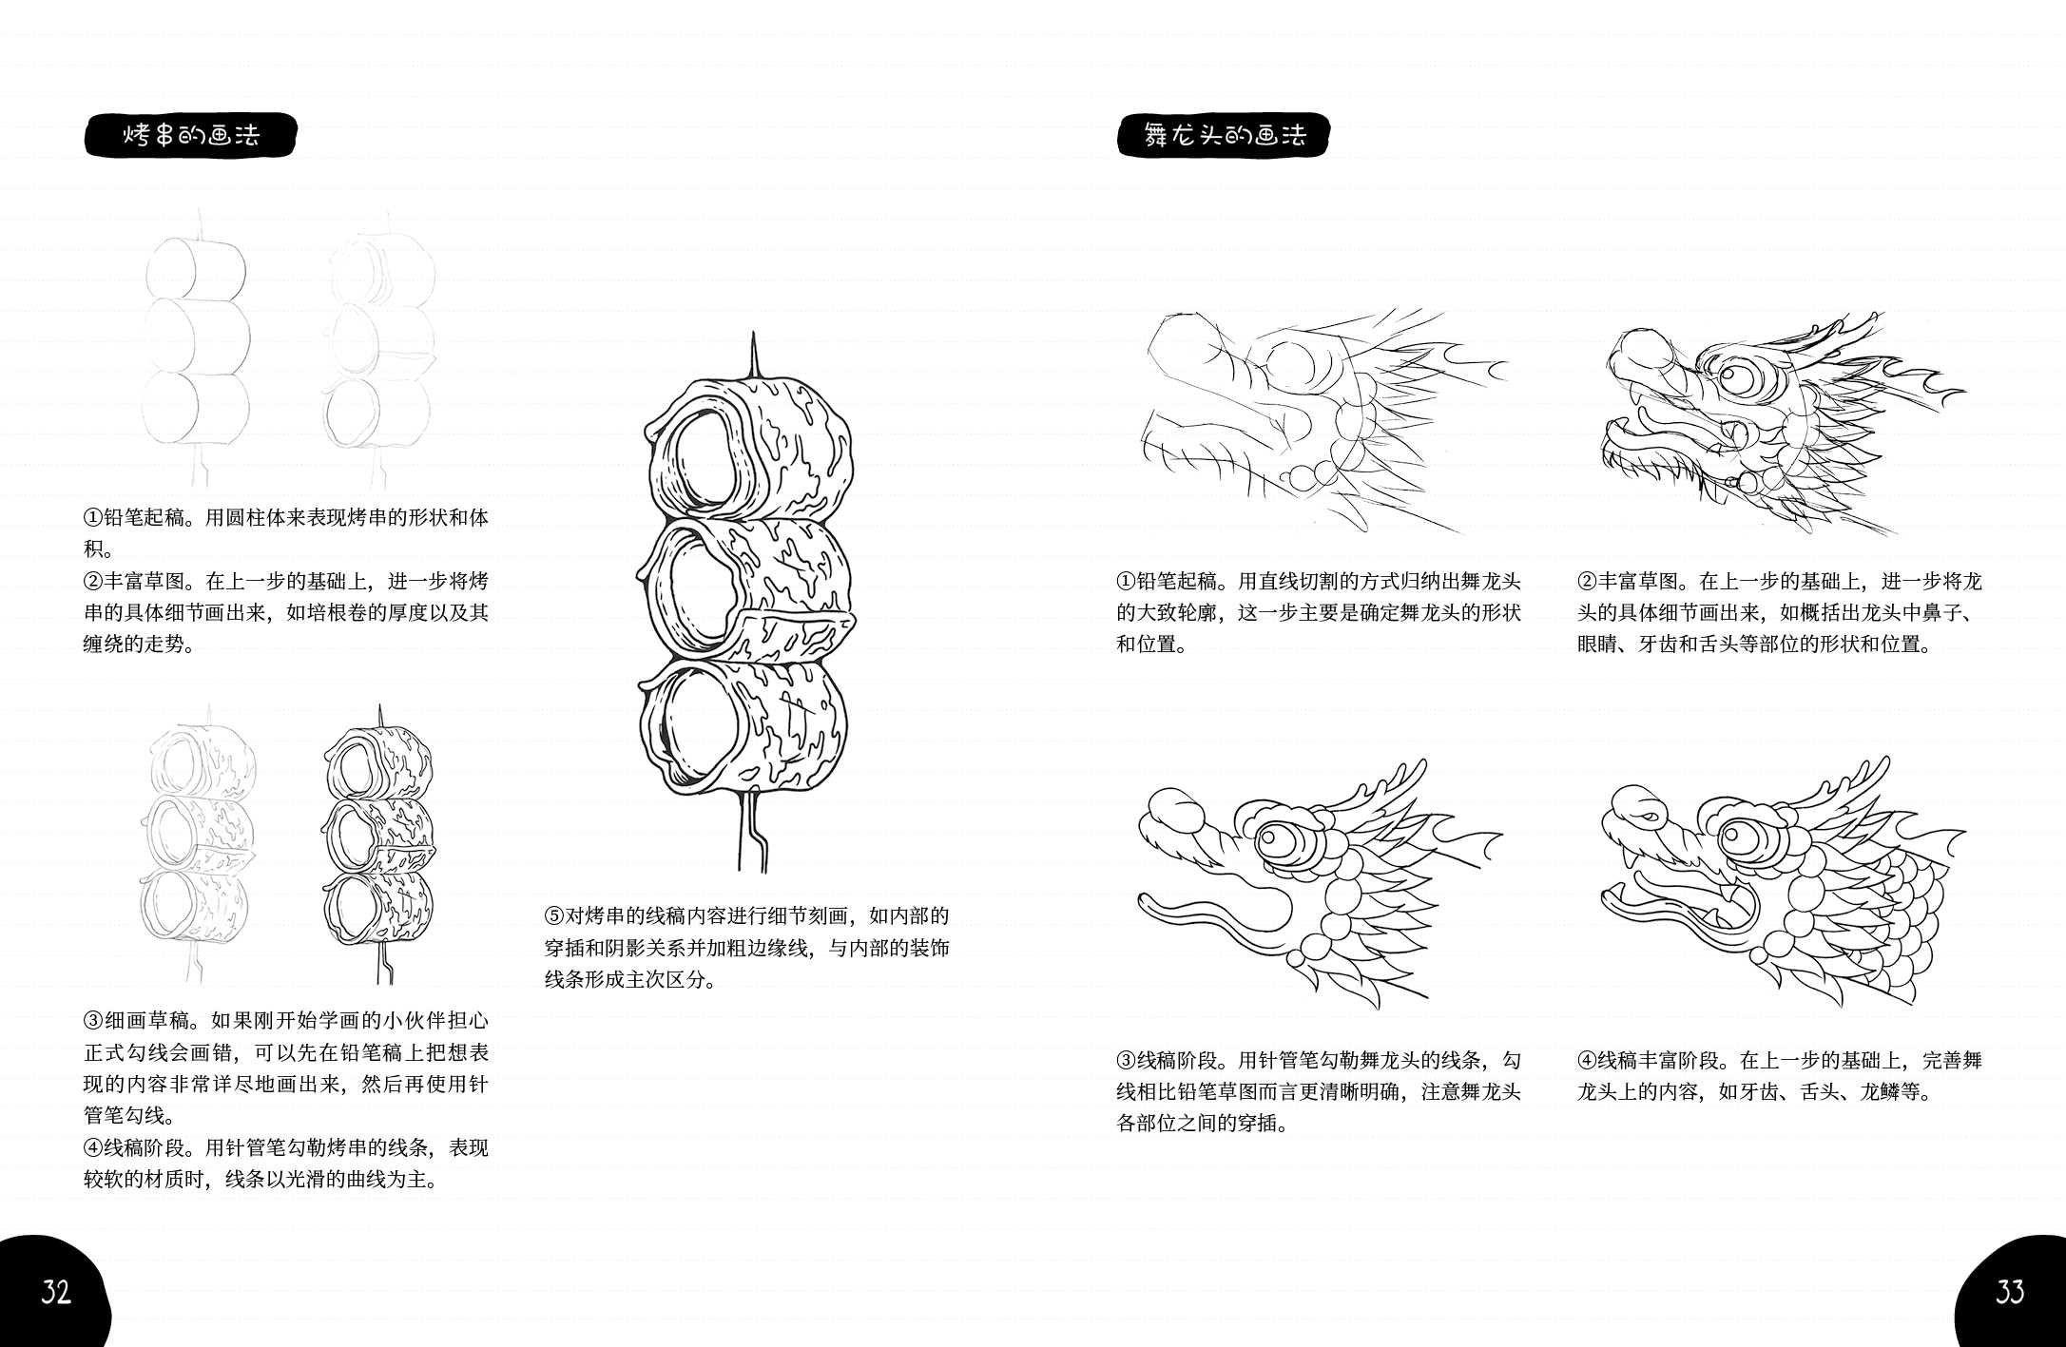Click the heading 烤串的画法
point(190,135)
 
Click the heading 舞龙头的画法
point(1224,135)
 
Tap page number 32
point(55,1292)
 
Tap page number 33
point(2009,1292)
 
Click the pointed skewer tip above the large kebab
point(753,352)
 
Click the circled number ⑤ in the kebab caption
point(554,916)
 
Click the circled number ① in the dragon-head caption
point(1127,582)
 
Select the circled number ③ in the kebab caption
point(93,1021)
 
